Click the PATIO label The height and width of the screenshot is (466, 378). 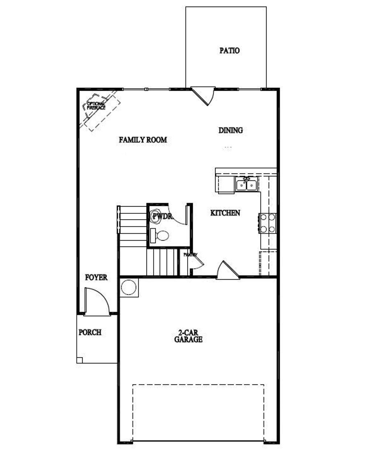coord(229,51)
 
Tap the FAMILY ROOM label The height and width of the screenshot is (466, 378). coord(143,140)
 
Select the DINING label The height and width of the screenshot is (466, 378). coord(231,130)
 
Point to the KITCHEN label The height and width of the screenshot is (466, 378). coord(225,213)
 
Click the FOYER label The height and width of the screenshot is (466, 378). coord(96,277)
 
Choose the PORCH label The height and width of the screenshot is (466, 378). coord(90,332)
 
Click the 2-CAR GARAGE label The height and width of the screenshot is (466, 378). coord(188,336)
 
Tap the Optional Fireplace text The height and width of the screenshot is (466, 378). coord(96,106)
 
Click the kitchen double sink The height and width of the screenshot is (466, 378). coord(247,183)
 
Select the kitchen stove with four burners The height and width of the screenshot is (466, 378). coord(268,223)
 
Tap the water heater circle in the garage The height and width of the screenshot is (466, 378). coord(129,287)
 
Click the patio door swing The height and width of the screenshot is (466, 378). coord(204,95)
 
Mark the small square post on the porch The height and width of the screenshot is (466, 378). coord(80,360)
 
